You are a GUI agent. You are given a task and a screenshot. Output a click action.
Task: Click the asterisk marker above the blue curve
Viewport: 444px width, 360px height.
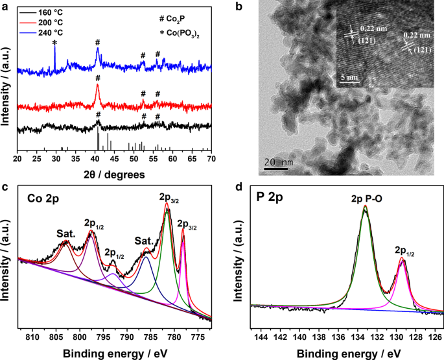coord(54,43)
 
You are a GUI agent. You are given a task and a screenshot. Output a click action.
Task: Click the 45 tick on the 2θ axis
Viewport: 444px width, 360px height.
coord(115,158)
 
